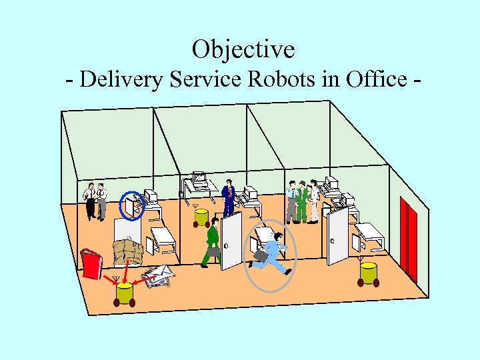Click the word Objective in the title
coord(243,49)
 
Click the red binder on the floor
coord(91,263)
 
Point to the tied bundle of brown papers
coord(128,252)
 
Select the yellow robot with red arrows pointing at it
coord(124,293)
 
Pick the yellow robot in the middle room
coord(201,217)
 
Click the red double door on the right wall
coord(409,237)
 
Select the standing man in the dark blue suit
coord(229,197)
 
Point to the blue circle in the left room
coord(131,205)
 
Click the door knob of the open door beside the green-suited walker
coord(226,246)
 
